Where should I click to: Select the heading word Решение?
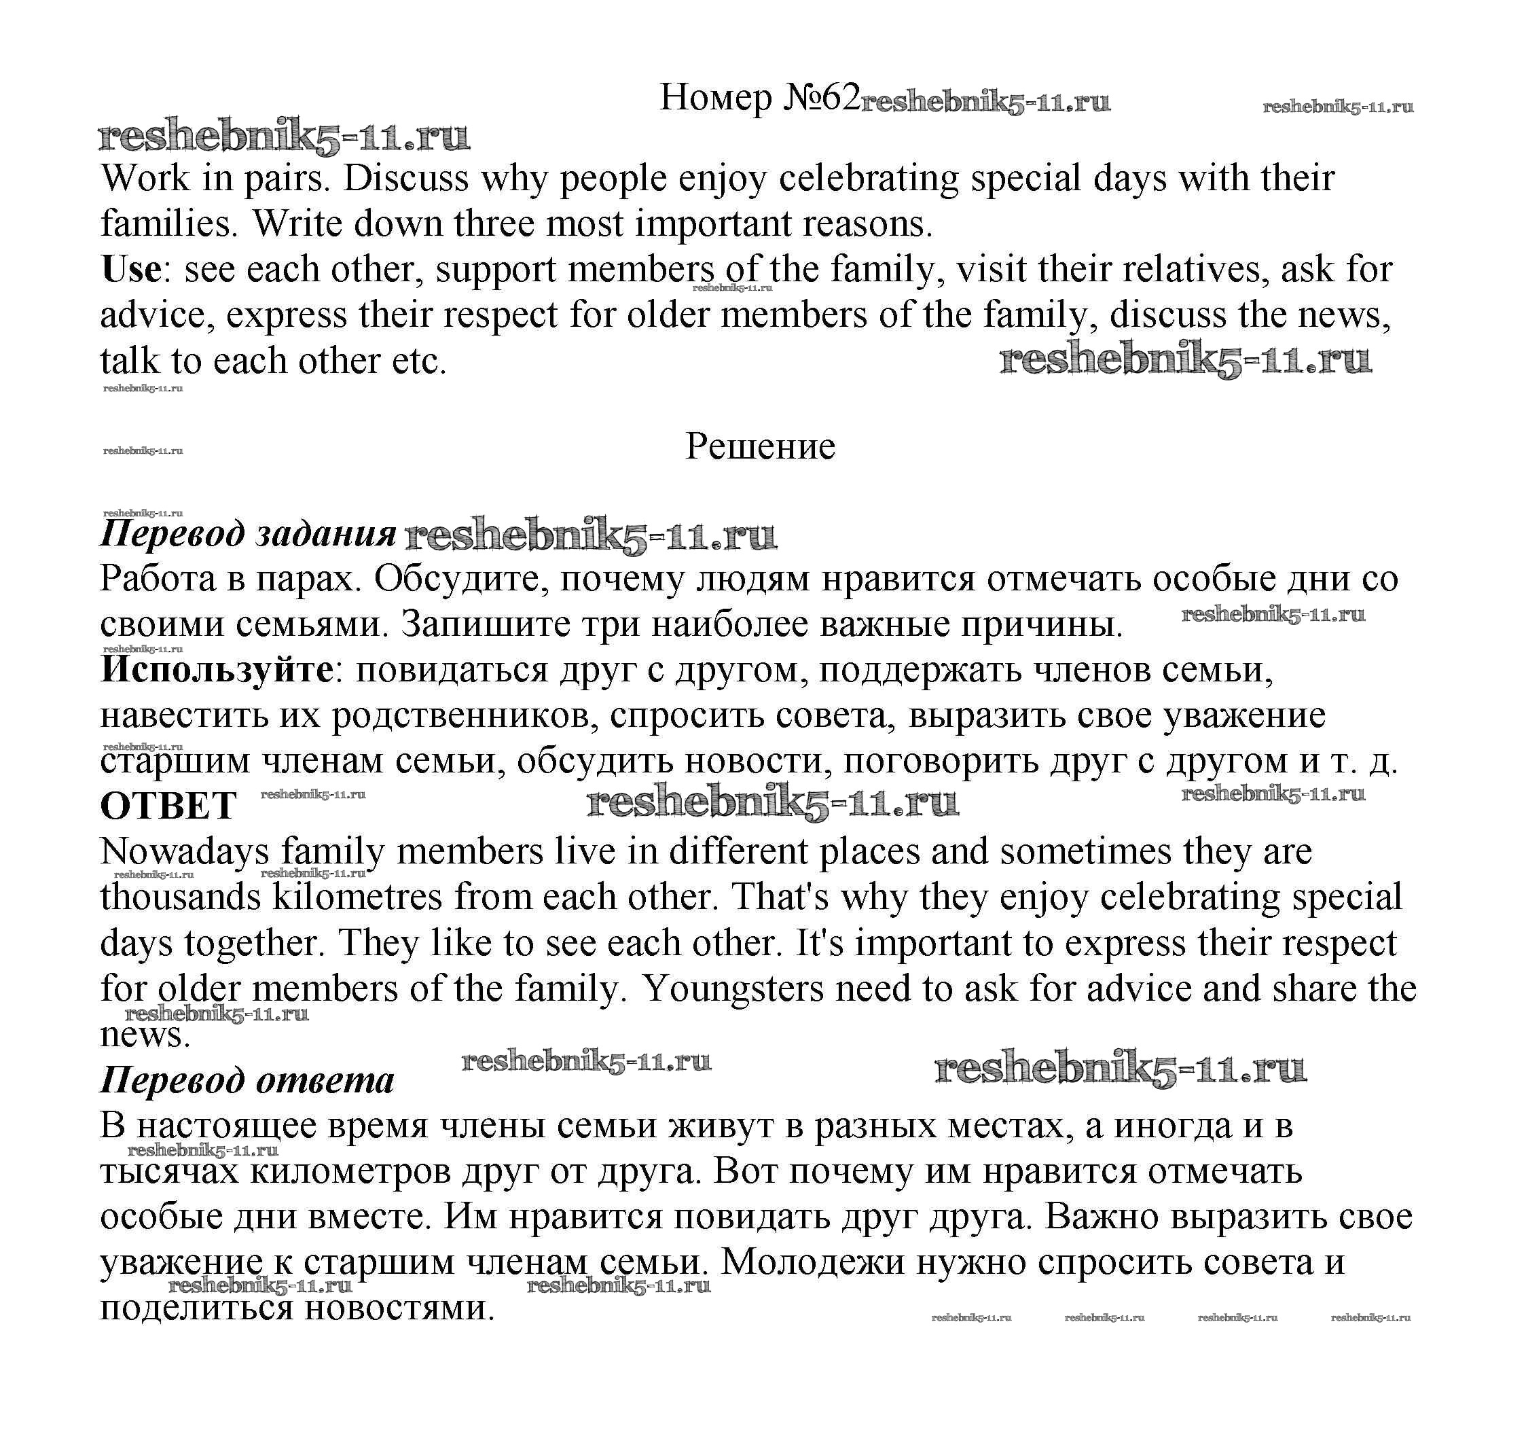tap(760, 447)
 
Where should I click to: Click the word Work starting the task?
tap(145, 179)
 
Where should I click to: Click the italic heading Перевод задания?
tap(248, 534)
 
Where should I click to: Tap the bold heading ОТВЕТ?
tap(168, 806)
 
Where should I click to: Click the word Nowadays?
tap(185, 852)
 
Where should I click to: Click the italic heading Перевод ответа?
tap(247, 1081)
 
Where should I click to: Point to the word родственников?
tap(465, 716)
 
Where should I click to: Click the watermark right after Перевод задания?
tap(591, 536)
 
